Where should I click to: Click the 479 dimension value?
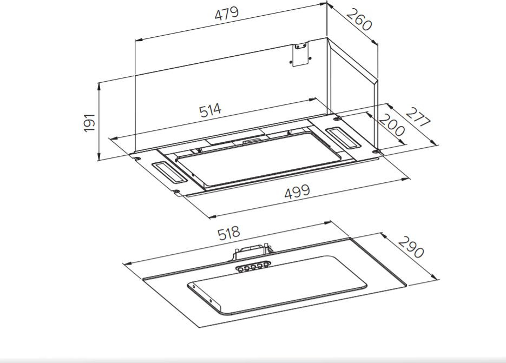coord(227,14)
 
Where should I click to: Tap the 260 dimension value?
coord(359,20)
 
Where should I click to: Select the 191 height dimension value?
coord(89,123)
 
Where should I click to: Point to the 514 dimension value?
coord(211,110)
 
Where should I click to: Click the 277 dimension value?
coord(418,117)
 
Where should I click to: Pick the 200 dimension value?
coord(391,126)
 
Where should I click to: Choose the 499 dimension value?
coord(297,191)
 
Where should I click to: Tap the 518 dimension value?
coord(229,233)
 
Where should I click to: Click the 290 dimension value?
coord(411,247)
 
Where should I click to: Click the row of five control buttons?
coord(252,267)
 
